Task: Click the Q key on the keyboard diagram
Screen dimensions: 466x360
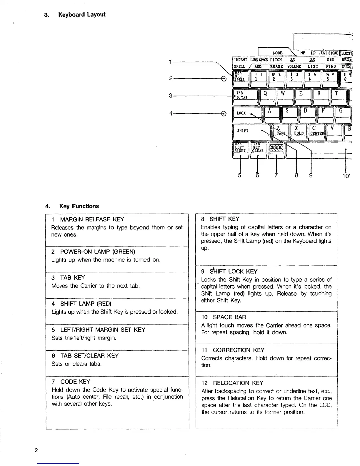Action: [266, 94]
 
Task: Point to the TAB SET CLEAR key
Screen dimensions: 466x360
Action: [258, 148]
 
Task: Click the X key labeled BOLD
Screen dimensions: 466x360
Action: [298, 130]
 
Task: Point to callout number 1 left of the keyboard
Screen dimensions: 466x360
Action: [171, 62]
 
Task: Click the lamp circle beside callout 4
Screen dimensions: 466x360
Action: [224, 113]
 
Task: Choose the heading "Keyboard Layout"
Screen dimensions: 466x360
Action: [81, 15]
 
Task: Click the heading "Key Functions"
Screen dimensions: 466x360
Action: [79, 206]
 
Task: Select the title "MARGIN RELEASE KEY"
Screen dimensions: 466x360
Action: [92, 219]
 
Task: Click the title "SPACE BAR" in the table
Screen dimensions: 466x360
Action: [229, 317]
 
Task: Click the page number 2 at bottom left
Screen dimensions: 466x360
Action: [36, 451]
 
